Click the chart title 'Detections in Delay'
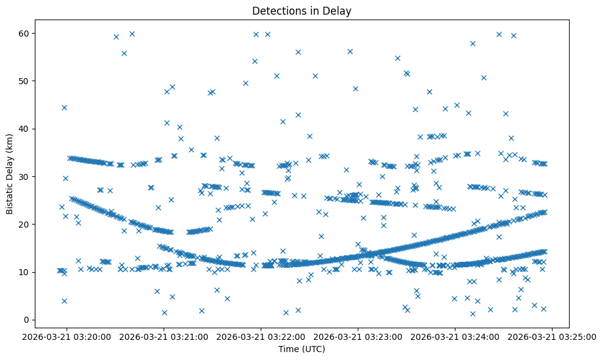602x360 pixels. (x=302, y=11)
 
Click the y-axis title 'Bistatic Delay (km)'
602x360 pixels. (x=9, y=174)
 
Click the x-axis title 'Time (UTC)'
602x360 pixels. (x=302, y=349)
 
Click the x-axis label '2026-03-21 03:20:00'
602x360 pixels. (x=67, y=336)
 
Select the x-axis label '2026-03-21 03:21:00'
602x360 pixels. (x=164, y=336)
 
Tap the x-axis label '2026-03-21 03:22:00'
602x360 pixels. (x=261, y=336)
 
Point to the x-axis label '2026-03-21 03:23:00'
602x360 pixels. (x=358, y=336)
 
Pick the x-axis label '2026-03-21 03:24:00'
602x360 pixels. (x=455, y=336)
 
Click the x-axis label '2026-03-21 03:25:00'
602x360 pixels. (x=553, y=336)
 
